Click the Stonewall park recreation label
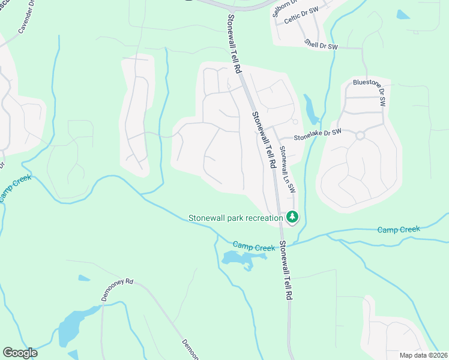[235, 218]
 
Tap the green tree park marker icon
[292, 217]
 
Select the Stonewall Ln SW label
[288, 170]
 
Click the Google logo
[20, 353]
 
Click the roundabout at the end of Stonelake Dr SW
[360, 136]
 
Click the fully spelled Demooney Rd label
[116, 292]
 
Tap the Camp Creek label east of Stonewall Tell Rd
[399, 229]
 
